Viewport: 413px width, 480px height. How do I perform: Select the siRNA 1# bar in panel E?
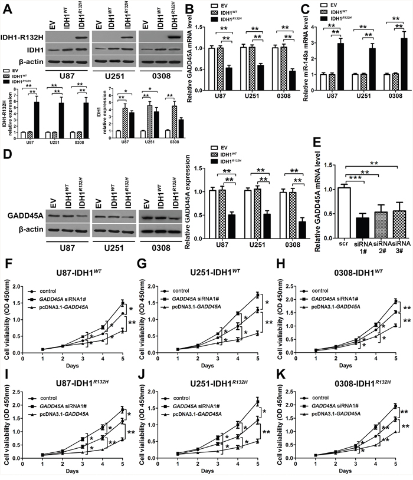coord(362,221)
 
